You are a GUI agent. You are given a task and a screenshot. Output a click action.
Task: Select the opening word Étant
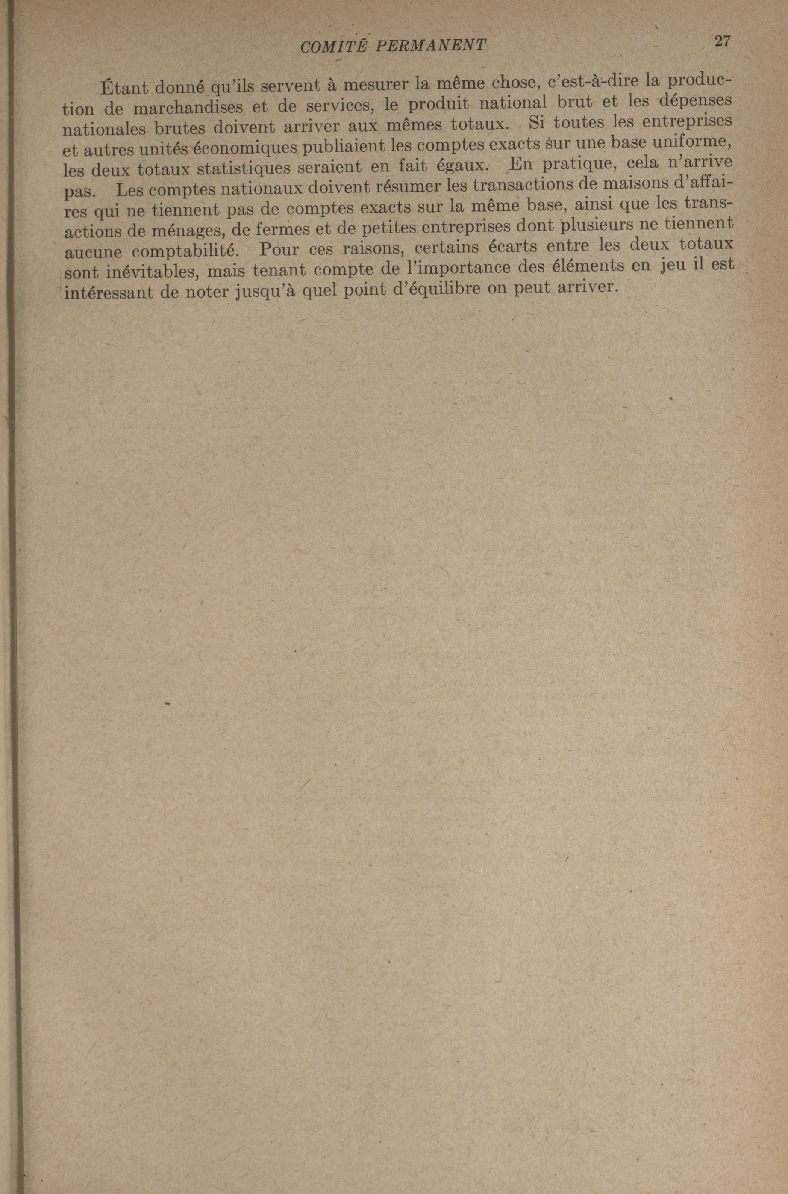[x=123, y=89]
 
